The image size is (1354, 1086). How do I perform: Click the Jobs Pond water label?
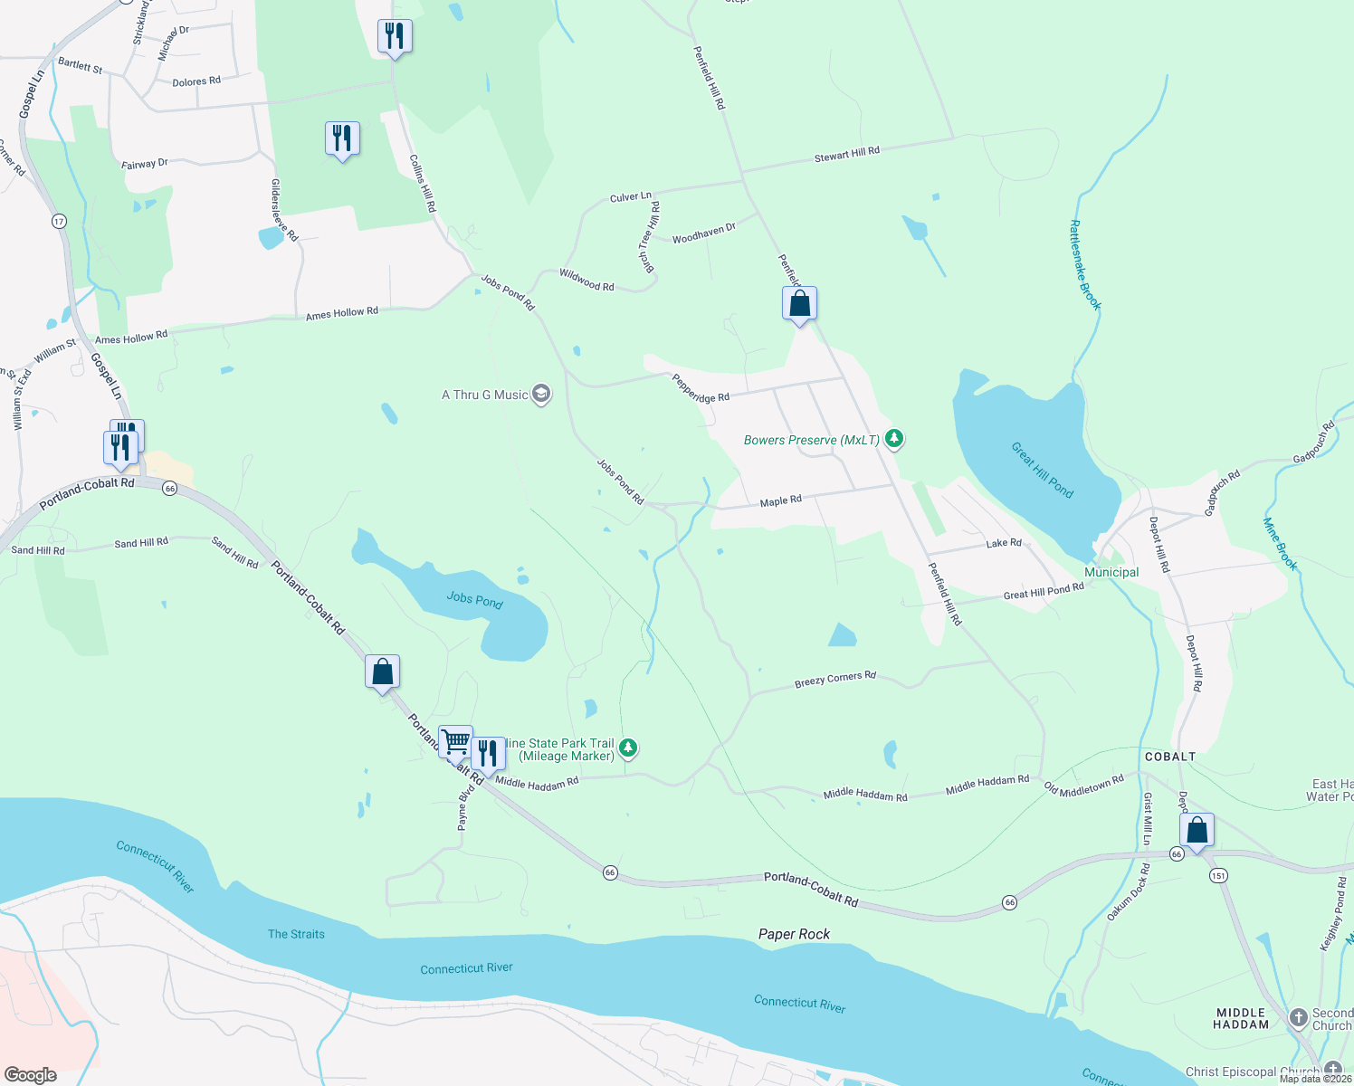pyautogui.click(x=474, y=599)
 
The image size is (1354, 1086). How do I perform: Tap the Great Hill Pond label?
pyautogui.click(x=1042, y=470)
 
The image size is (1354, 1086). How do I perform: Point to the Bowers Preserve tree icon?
pyautogui.click(x=894, y=439)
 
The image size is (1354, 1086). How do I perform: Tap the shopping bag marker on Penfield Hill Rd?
pyautogui.click(x=799, y=304)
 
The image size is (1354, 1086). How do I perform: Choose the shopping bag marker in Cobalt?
pyautogui.click(x=1197, y=831)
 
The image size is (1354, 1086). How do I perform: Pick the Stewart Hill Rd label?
pyautogui.click(x=846, y=154)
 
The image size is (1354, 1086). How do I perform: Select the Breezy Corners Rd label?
pyautogui.click(x=834, y=679)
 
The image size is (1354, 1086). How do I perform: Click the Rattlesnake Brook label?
pyautogui.click(x=1084, y=265)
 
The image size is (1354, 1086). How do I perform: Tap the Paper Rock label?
pyautogui.click(x=794, y=934)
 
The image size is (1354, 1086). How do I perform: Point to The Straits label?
pyautogui.click(x=296, y=934)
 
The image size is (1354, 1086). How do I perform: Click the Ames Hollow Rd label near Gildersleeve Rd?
pyautogui.click(x=341, y=313)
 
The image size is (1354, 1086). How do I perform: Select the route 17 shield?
pyautogui.click(x=59, y=221)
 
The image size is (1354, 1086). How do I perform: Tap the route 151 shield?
pyautogui.click(x=1217, y=875)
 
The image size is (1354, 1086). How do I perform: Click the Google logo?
pyautogui.click(x=31, y=1074)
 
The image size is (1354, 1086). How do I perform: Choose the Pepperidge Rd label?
pyautogui.click(x=700, y=388)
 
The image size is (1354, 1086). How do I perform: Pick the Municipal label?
pyautogui.click(x=1111, y=572)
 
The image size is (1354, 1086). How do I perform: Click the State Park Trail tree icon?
pyautogui.click(x=628, y=748)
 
